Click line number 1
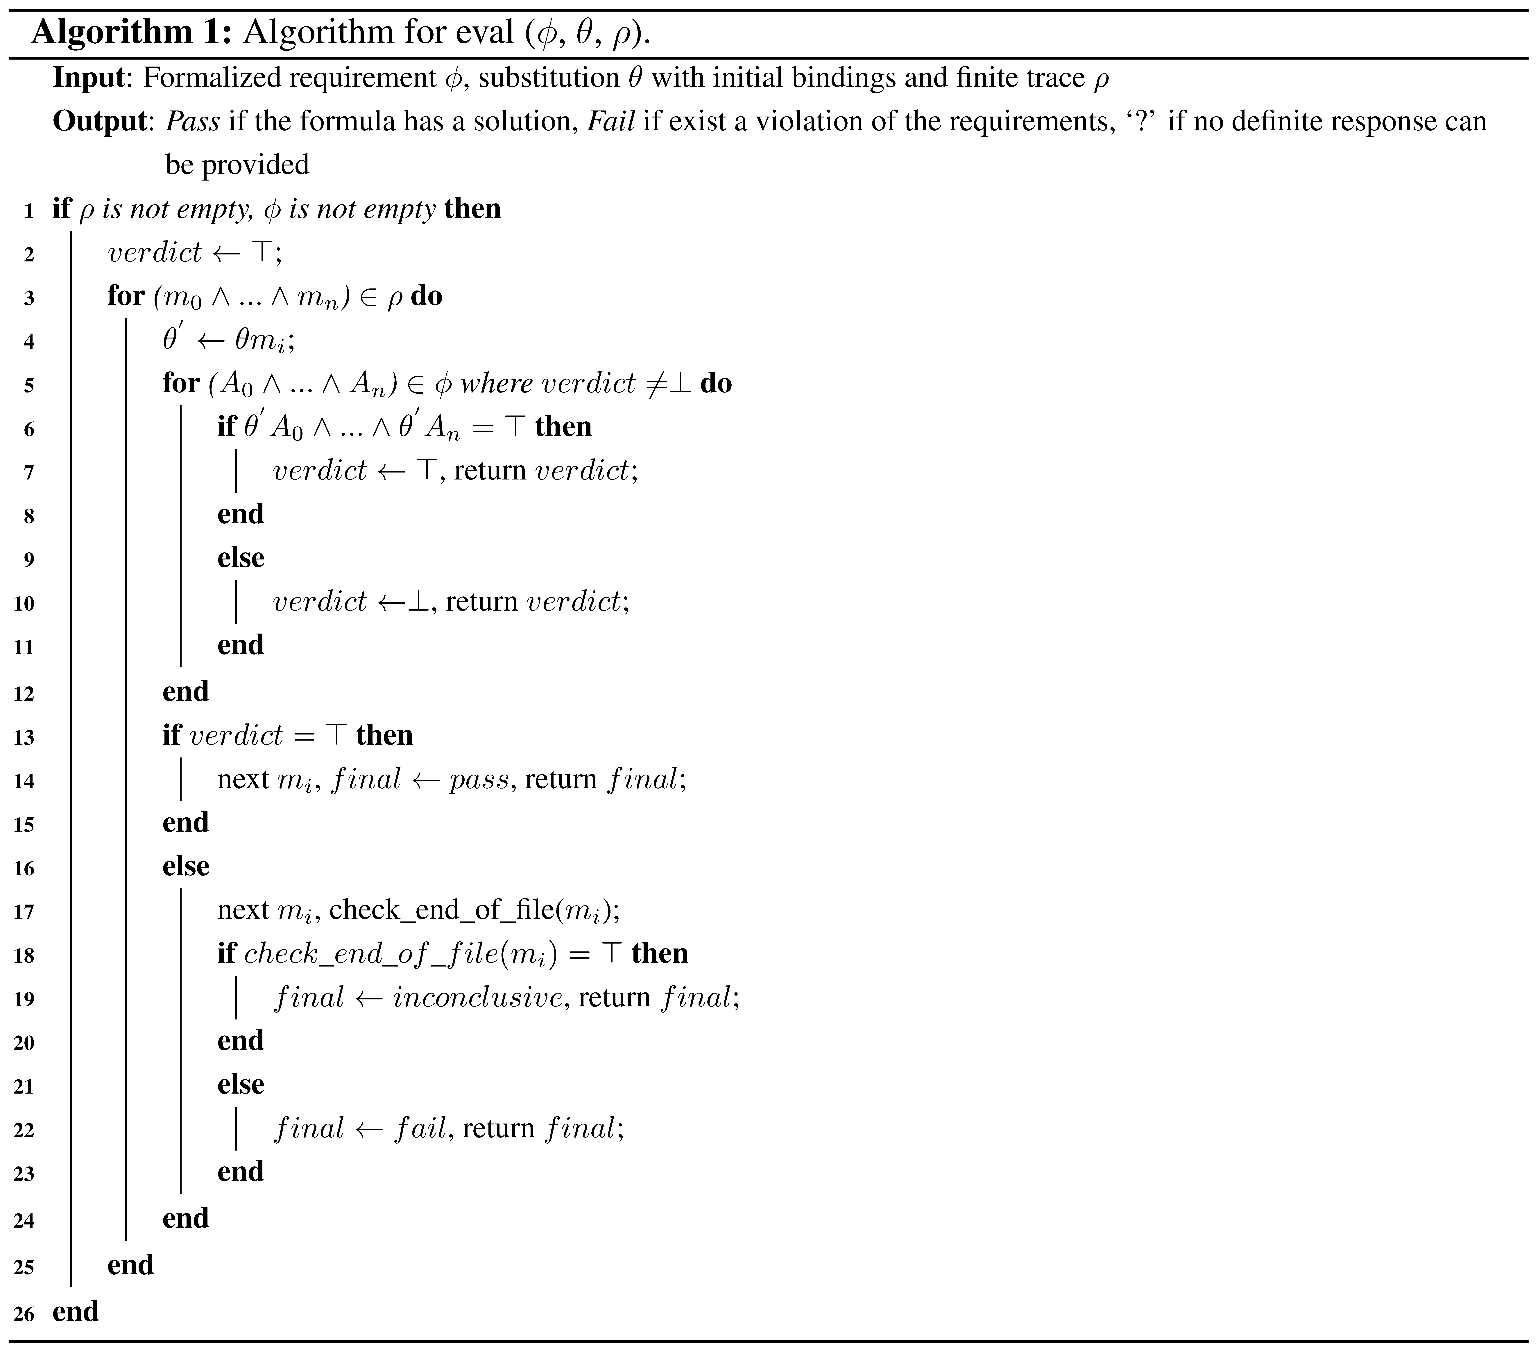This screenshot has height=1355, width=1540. click(29, 211)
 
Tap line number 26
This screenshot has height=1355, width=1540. click(24, 1314)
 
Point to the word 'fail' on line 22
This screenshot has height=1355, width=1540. click(420, 1129)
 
